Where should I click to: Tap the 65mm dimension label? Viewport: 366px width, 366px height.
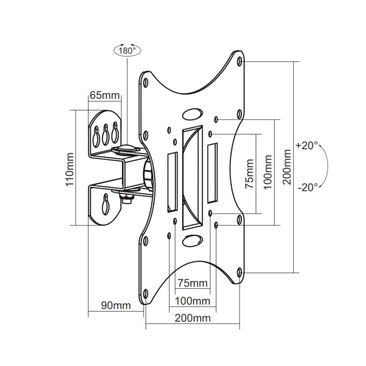(x=104, y=96)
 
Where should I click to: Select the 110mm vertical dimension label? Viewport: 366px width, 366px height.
(x=69, y=168)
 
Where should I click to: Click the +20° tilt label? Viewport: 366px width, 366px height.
(x=307, y=146)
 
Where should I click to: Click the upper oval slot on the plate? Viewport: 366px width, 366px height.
(x=193, y=113)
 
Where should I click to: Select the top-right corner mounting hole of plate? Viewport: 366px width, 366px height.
(x=241, y=61)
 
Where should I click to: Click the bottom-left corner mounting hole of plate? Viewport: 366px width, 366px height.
(x=145, y=293)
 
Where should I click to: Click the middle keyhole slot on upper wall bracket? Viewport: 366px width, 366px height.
(x=106, y=132)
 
